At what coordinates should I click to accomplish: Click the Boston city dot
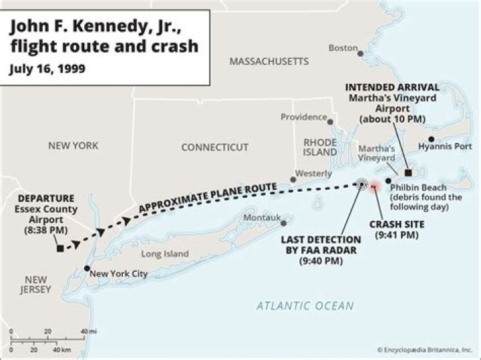360,51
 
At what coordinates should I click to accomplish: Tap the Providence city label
303,117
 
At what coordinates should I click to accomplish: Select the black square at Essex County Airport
60,248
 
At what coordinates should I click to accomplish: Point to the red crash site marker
374,186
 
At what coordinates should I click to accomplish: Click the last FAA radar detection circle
361,184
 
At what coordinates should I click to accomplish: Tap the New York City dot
86,269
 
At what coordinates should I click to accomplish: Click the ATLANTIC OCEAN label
305,306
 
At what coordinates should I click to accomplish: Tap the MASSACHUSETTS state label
269,61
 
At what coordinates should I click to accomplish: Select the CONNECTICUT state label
214,147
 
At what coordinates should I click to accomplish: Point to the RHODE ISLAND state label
320,147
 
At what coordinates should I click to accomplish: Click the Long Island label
165,254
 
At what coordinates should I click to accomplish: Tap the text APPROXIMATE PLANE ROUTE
207,198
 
